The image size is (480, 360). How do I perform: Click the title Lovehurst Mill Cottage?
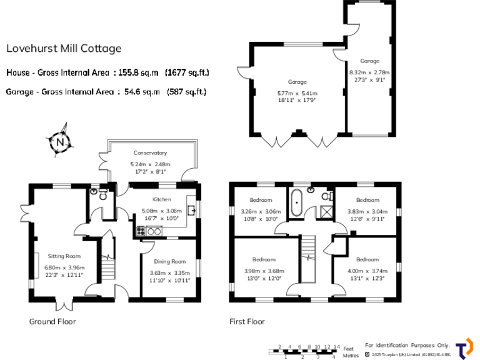click(64, 48)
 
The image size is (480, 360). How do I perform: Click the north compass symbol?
click(60, 142)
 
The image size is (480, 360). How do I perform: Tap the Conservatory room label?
click(150, 152)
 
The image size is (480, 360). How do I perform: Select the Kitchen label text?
click(161, 199)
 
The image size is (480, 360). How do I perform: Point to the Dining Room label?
click(169, 261)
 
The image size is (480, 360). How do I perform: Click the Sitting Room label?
click(64, 256)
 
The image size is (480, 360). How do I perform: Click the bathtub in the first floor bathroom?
click(296, 202)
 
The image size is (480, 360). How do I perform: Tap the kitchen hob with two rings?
click(154, 231)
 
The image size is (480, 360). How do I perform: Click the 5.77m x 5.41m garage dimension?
click(297, 94)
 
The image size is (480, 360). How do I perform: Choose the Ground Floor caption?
click(52, 322)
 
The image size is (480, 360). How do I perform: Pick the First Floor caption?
click(247, 322)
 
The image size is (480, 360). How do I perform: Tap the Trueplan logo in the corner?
click(464, 349)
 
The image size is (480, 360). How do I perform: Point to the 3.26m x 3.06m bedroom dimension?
click(261, 211)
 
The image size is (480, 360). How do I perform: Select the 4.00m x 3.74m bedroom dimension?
click(367, 271)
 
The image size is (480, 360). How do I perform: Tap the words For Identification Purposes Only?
click(407, 345)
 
